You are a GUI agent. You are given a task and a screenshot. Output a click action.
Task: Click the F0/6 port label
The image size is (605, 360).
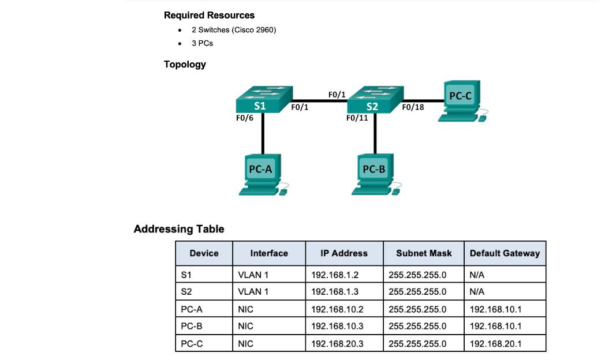[x=245, y=118]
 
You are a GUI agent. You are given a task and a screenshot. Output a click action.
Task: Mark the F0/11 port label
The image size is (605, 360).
[x=357, y=118]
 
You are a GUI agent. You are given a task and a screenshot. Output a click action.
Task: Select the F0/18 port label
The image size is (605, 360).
[x=413, y=107]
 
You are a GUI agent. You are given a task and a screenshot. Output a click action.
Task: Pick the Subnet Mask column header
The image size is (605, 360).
[x=424, y=253]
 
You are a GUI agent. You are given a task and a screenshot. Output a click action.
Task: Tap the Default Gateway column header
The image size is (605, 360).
[x=505, y=253]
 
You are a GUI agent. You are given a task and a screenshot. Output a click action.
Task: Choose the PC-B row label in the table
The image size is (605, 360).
[x=191, y=326]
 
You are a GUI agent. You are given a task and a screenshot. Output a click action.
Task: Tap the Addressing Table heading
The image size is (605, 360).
[x=179, y=229]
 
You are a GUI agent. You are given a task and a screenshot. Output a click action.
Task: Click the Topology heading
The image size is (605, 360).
[x=185, y=64]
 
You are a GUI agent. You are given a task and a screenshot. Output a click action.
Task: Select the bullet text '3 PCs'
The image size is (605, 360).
[x=202, y=43]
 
